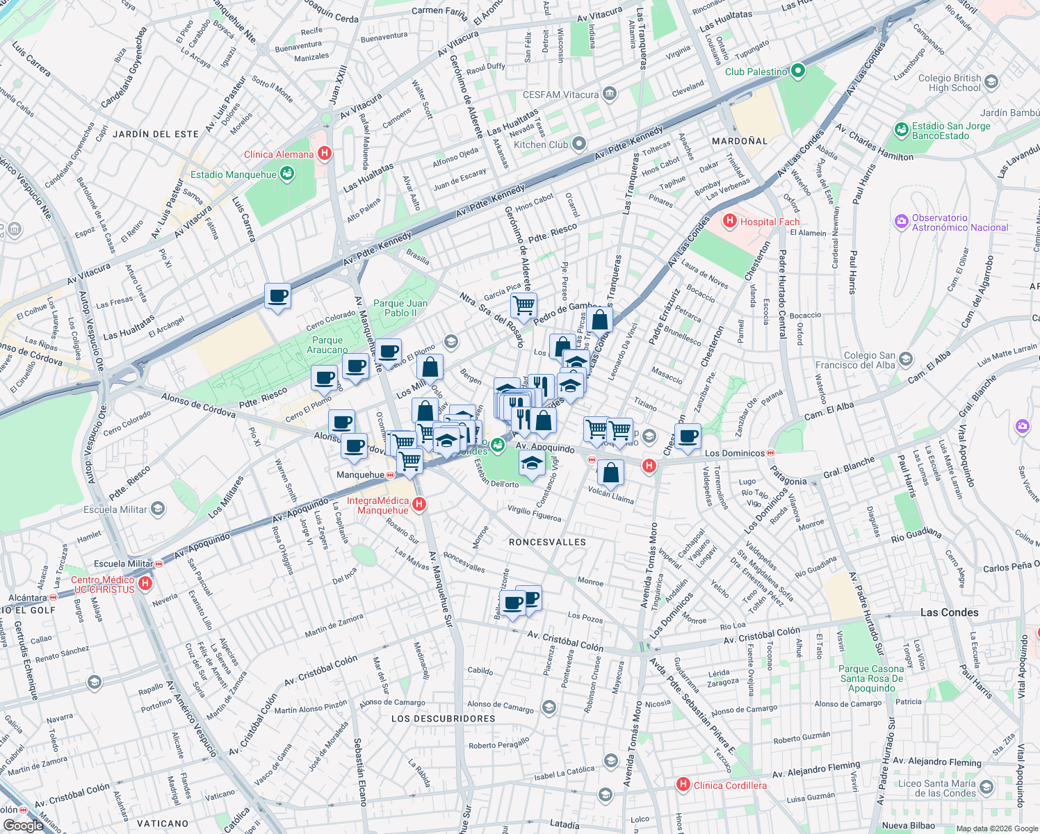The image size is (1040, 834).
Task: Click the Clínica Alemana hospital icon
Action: pos(324,154)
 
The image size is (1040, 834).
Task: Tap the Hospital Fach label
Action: pos(770,222)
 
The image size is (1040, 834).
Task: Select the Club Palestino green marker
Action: pos(798,71)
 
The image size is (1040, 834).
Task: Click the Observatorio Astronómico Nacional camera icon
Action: pos(902,222)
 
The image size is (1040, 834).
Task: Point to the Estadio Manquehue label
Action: pos(234,174)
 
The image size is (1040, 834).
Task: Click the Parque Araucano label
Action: pos(327,345)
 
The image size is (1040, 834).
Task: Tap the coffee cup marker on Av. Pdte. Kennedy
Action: pos(277,296)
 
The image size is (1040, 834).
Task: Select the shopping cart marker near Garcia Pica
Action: pos(523,304)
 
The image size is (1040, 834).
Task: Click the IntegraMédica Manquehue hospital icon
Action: pos(419,505)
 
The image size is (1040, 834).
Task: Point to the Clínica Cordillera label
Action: pos(730,785)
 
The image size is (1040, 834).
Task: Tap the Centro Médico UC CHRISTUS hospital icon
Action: pos(145,583)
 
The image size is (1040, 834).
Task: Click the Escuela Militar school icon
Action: pos(158,509)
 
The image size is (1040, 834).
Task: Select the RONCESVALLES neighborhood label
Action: pos(547,542)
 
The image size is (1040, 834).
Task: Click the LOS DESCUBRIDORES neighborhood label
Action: pos(443,719)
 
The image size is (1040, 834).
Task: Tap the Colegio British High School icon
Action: pos(991,82)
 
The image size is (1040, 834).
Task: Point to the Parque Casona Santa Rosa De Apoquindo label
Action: pos(871,678)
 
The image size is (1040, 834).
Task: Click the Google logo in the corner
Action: pos(23,825)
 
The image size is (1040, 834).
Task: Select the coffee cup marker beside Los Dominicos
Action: pos(688,436)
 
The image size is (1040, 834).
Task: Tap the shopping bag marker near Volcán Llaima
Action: pos(610,473)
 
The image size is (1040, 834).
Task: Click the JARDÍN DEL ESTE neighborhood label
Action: pos(156,134)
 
